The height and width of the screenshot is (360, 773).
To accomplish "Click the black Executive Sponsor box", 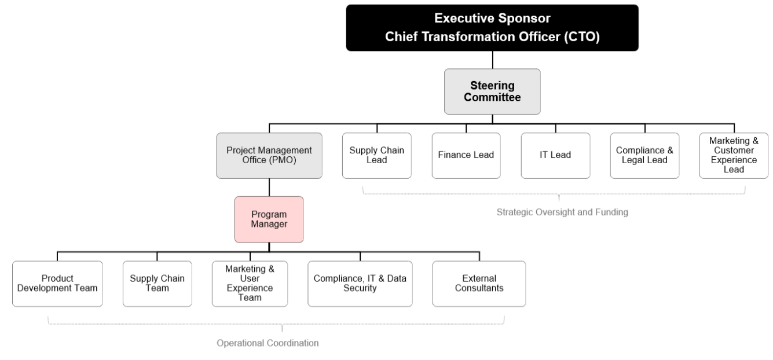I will (492, 27).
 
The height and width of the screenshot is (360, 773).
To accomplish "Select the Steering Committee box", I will (492, 91).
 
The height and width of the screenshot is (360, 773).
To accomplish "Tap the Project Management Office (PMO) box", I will (269, 155).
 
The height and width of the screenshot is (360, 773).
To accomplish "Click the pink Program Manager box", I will (269, 219).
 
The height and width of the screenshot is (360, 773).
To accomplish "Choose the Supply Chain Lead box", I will (377, 155).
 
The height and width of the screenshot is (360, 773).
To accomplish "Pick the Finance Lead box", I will (467, 155).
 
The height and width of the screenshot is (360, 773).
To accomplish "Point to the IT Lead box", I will (555, 155).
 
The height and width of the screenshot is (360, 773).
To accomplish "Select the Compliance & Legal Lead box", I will (645, 155).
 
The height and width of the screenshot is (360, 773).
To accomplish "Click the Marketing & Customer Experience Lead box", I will (734, 155).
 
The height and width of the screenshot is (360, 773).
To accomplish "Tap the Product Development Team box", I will (57, 283).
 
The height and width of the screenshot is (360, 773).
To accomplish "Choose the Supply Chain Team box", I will (157, 283).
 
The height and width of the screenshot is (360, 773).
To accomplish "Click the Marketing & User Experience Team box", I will (250, 283).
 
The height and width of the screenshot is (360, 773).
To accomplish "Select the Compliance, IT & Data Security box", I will (360, 283).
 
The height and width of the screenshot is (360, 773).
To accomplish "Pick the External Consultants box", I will (479, 283).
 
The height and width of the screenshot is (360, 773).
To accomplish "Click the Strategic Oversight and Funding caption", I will (562, 212).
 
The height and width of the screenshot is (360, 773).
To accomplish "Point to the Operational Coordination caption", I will (268, 343).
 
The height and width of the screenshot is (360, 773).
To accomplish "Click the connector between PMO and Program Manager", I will (269, 187).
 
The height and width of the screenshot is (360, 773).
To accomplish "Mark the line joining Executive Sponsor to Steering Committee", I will (492, 60).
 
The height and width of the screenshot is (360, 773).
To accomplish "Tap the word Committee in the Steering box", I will (492, 97).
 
